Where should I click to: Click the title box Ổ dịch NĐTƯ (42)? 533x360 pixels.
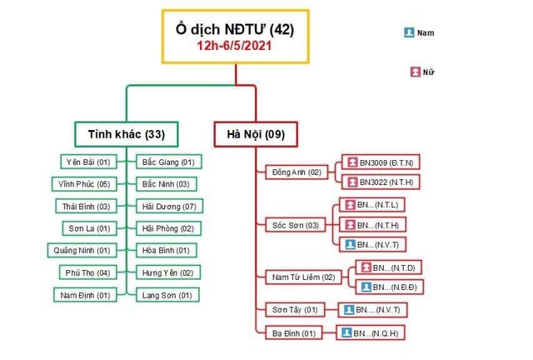coord(236,30)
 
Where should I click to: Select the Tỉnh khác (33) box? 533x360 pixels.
coord(125,133)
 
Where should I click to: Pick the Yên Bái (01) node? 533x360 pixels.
coord(87,162)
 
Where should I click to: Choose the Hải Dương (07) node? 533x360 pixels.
coord(168,206)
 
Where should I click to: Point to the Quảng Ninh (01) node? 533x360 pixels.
coord(82,250)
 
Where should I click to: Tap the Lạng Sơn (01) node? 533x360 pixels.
coord(167,295)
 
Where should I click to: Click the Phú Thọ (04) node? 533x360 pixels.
coord(87,272)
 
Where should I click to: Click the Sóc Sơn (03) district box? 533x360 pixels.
coord(296,225)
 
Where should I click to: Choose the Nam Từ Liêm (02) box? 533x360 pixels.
coord(304,277)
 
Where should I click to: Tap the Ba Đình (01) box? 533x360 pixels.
coord(295,332)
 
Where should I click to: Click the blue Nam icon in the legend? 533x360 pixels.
coord(409,32)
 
